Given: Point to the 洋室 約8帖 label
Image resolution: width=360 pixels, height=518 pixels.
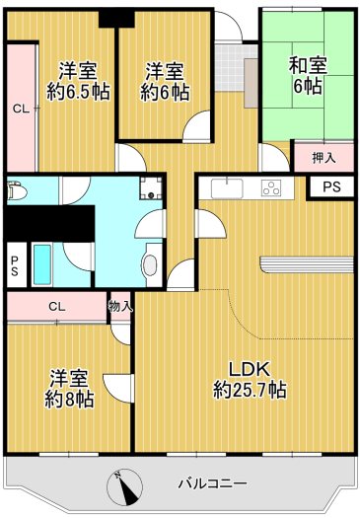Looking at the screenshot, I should point(69,388).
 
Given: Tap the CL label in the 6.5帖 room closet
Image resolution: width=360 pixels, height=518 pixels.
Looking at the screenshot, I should point(19,110).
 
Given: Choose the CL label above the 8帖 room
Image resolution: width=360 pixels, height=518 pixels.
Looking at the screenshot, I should point(57,306).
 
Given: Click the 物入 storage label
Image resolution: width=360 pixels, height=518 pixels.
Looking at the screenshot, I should point(120,306).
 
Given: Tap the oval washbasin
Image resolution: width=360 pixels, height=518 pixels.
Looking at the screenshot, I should point(150,264).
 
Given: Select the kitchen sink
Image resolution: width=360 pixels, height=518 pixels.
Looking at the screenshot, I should point(223,187).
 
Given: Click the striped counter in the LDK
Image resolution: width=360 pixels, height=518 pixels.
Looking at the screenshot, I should point(306,263).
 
